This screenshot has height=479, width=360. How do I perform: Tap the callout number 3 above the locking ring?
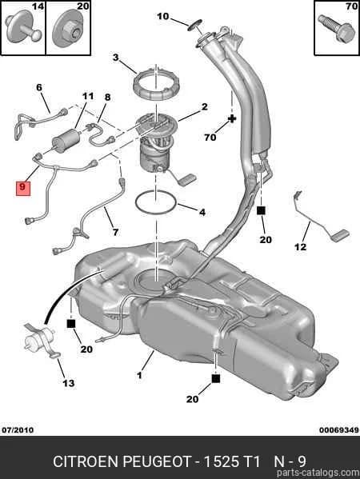[115, 58]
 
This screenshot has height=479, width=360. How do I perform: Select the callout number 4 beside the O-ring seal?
[202, 212]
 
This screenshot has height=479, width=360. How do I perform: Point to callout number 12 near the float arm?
[300, 246]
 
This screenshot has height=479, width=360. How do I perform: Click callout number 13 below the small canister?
[69, 383]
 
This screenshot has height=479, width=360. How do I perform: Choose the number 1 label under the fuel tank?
[140, 375]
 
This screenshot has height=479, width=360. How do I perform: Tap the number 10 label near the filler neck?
[163, 16]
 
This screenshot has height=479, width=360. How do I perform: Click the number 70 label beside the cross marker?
[210, 138]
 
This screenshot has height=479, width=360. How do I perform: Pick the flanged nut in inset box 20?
[69, 28]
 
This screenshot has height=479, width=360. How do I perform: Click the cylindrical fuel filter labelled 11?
[66, 140]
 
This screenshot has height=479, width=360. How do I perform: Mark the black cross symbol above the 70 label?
[232, 118]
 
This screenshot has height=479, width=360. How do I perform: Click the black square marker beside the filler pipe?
[261, 210]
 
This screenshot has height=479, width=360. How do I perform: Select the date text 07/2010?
[18, 430]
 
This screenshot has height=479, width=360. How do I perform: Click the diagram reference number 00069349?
[339, 430]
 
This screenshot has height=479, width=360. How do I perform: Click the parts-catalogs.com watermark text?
[318, 473]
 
